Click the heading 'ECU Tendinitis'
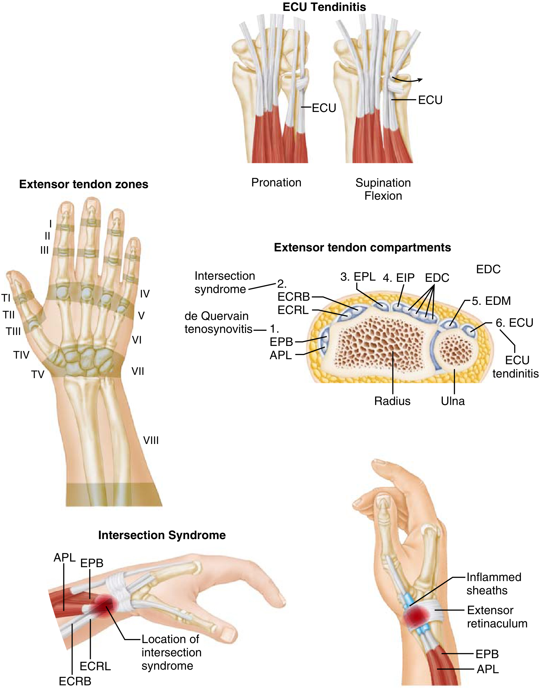(324, 7)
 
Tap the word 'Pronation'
(276, 183)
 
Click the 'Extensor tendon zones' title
(84, 184)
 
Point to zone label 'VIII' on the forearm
(151, 440)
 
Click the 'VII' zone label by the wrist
(138, 371)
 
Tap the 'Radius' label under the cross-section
(392, 401)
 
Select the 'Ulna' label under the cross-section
(453, 401)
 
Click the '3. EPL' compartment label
(358, 277)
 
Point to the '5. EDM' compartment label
(491, 301)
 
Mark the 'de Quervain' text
(217, 316)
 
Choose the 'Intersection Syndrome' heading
(162, 535)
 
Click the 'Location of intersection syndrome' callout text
(171, 652)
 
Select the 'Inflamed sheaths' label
(494, 584)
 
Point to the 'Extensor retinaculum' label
(497, 617)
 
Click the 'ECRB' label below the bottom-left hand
(75, 681)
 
